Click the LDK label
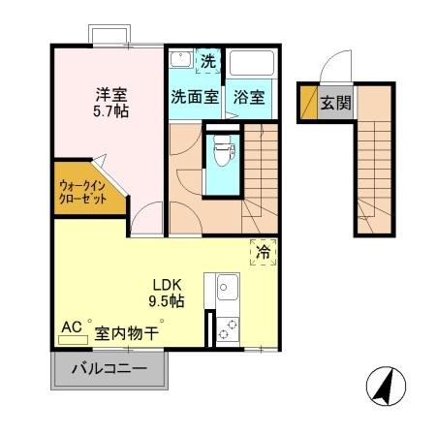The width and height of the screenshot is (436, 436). click(x=165, y=285)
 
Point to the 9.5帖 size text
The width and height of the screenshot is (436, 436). click(x=165, y=301)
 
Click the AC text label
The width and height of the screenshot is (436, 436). click(x=71, y=327)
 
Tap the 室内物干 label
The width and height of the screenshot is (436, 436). click(x=127, y=332)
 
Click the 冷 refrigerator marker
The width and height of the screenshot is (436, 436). click(x=262, y=251)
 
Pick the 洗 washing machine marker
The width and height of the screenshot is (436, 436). click(x=207, y=60)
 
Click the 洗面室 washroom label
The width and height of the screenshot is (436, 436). click(x=194, y=98)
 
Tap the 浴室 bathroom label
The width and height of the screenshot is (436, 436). click(x=249, y=98)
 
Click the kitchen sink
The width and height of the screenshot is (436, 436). click(x=228, y=288)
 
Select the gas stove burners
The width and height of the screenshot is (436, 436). click(x=228, y=329)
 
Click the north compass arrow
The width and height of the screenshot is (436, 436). click(x=384, y=388)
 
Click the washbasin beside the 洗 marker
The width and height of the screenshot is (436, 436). click(x=181, y=60)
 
